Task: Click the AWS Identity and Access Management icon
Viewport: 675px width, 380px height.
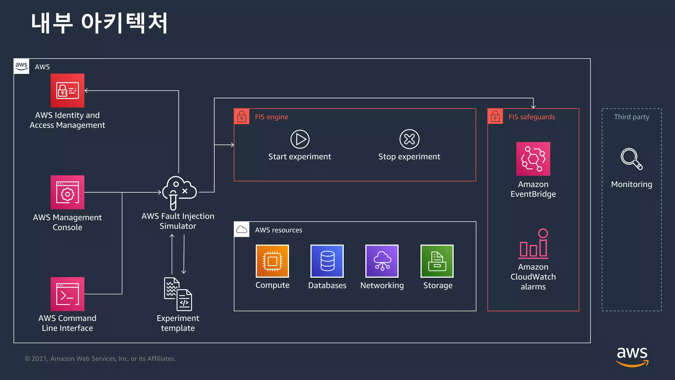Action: (x=67, y=90)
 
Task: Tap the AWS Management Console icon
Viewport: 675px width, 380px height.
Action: (x=67, y=192)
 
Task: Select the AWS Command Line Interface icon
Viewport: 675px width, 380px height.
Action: (x=67, y=294)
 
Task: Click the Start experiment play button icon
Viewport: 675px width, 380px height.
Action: (x=300, y=139)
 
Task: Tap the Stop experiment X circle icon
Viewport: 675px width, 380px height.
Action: (x=409, y=139)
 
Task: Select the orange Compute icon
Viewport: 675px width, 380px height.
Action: (x=272, y=261)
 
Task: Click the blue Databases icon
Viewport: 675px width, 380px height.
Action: (x=327, y=261)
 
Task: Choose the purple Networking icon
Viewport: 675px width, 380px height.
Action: (x=382, y=261)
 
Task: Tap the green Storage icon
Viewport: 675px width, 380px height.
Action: (x=437, y=261)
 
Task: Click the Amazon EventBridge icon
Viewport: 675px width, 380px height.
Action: (x=533, y=159)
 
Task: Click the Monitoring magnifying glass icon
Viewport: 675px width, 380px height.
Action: (x=631, y=159)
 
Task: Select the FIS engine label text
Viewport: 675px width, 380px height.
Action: (x=271, y=117)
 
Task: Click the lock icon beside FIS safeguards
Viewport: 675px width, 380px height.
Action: (x=495, y=116)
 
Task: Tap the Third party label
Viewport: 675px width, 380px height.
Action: (x=631, y=117)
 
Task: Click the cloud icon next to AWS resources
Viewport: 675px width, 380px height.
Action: (x=242, y=230)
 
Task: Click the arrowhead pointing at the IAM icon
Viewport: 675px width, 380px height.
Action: (x=86, y=90)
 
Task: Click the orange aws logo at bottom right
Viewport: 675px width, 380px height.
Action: (x=632, y=357)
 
